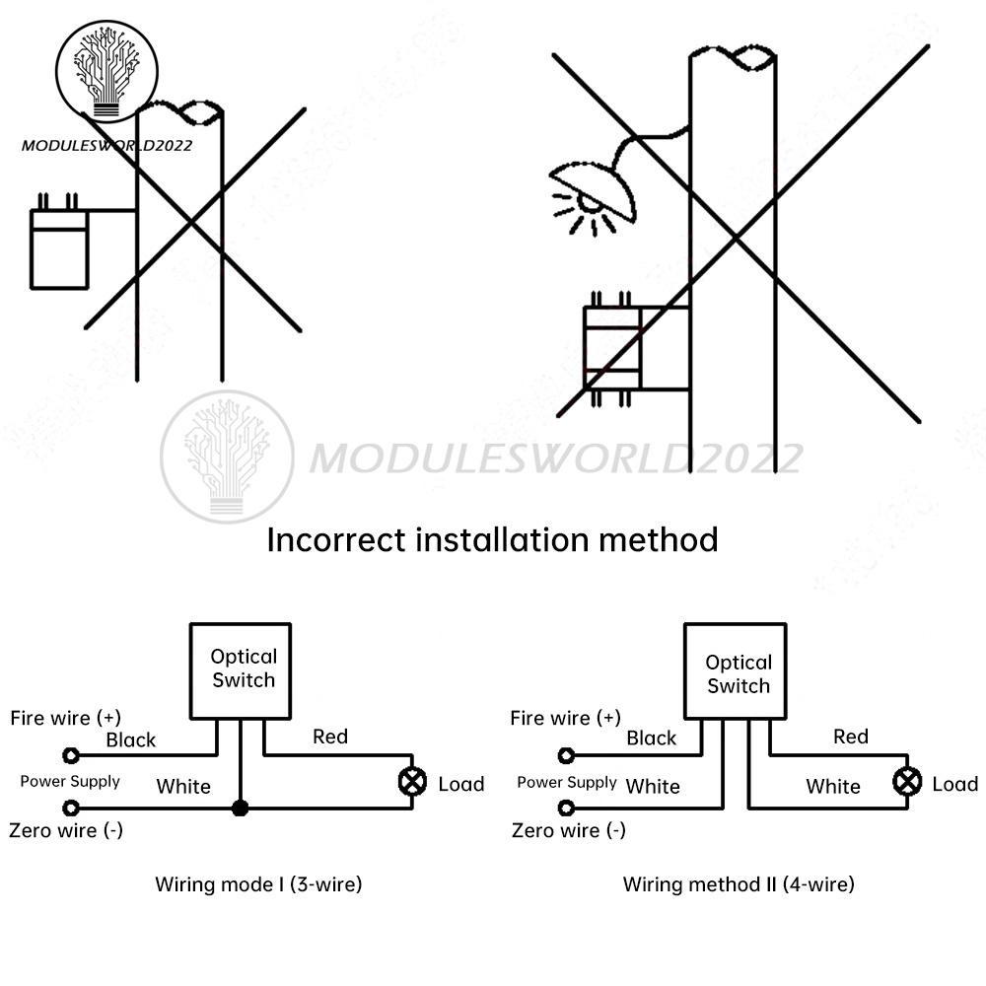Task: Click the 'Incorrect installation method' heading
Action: point(492,540)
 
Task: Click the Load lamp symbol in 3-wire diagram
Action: point(411,783)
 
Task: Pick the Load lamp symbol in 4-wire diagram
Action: point(906,783)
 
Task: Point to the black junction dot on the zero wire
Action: point(239,809)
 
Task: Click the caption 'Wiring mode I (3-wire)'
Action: point(258,884)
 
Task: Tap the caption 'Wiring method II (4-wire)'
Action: point(739,884)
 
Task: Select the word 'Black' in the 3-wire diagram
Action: point(131,739)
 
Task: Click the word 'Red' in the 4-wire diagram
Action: point(850,737)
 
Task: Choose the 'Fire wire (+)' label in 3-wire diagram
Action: point(66,718)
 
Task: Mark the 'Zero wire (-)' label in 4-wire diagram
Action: point(568,830)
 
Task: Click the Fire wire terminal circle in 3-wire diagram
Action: point(70,756)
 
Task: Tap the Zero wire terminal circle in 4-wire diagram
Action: point(566,809)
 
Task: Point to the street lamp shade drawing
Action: point(592,187)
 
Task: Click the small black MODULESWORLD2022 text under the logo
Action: point(107,145)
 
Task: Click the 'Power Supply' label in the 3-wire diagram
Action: point(70,782)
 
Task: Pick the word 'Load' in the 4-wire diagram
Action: point(954,784)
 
